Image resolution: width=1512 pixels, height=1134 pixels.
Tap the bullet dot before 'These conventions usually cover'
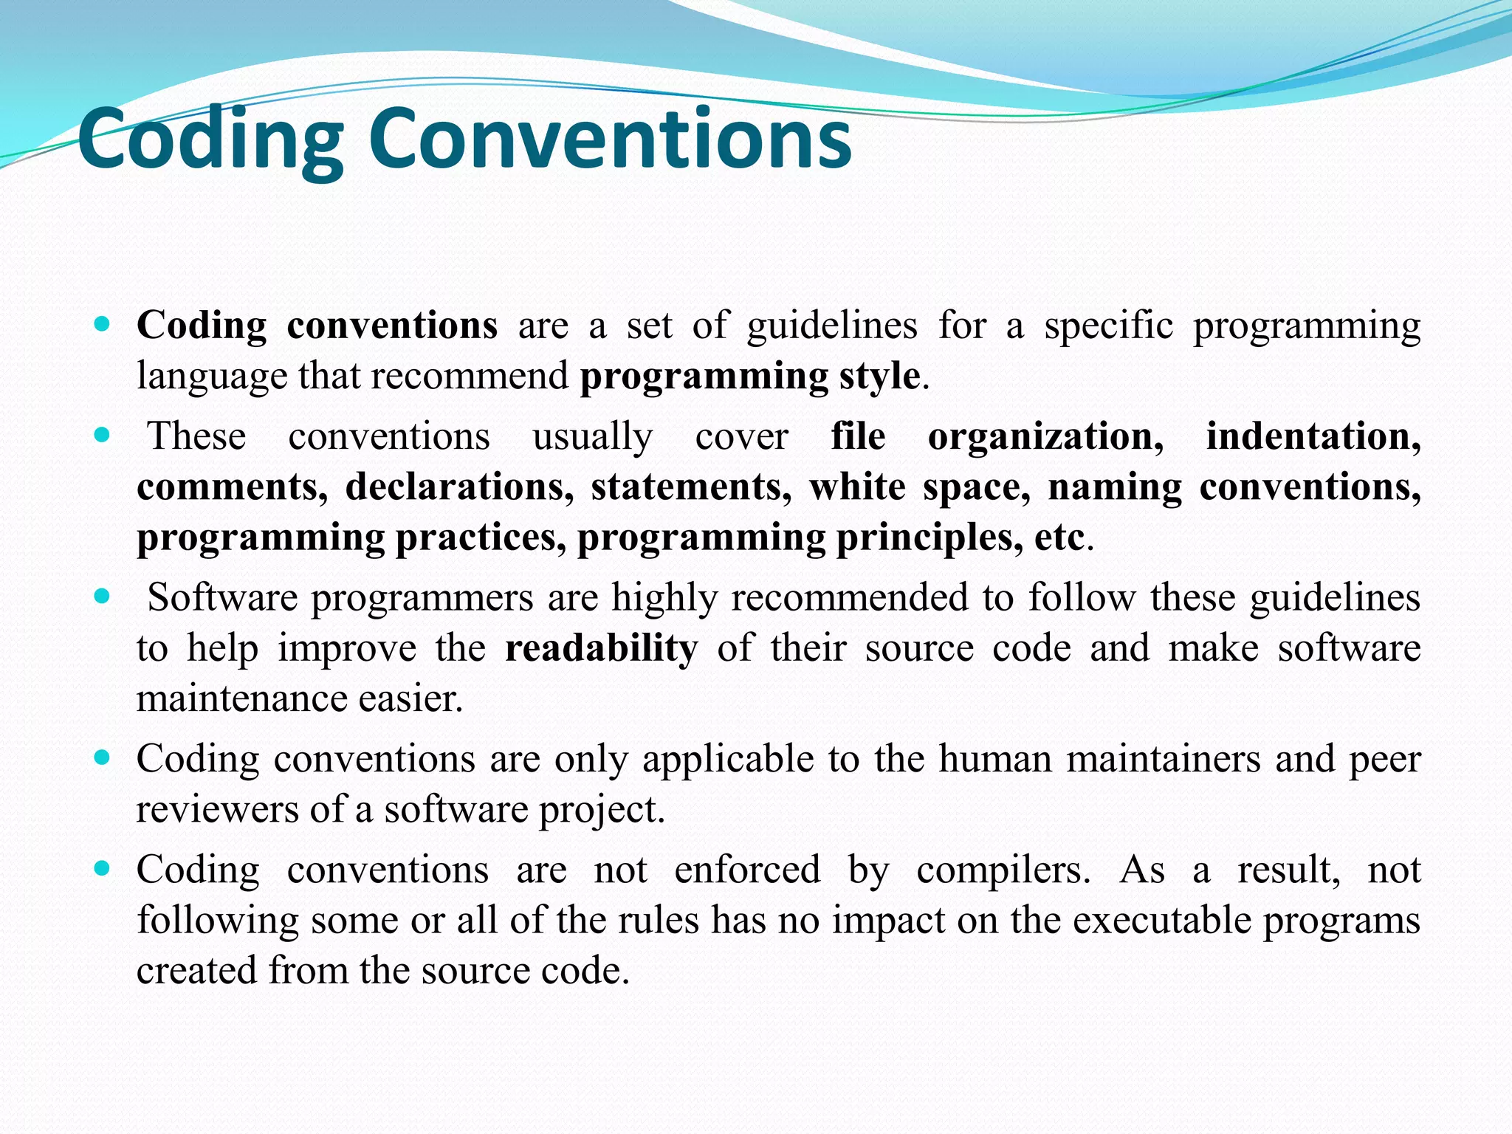pyautogui.click(x=103, y=434)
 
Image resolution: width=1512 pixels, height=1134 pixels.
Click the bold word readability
pyautogui.click(x=601, y=648)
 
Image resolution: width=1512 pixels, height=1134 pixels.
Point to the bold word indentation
pyautogui.click(x=1313, y=436)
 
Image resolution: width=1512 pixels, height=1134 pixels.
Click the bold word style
pyautogui.click(x=879, y=377)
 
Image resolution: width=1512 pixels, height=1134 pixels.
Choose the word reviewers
pyautogui.click(x=216, y=809)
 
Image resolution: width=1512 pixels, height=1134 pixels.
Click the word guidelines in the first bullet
pyautogui.click(x=832, y=326)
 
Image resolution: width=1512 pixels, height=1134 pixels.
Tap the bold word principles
pyautogui.click(x=929, y=537)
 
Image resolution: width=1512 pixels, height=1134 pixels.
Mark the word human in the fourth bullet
pyautogui.click(x=995, y=759)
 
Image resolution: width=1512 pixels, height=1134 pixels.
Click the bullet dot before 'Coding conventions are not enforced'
pyautogui.click(x=103, y=868)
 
